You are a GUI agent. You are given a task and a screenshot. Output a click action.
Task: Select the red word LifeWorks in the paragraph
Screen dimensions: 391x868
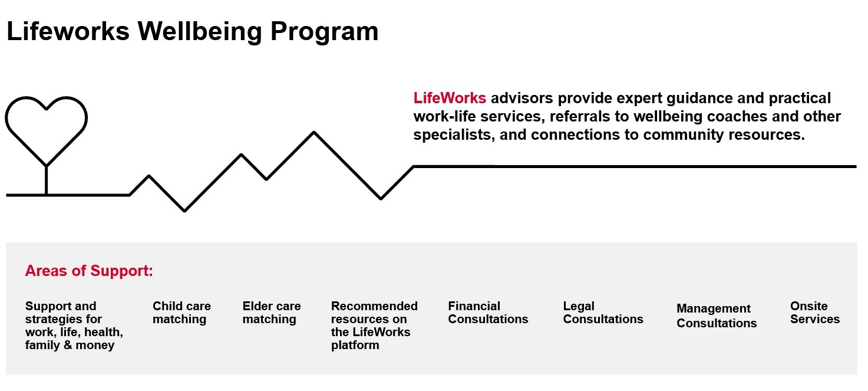point(450,98)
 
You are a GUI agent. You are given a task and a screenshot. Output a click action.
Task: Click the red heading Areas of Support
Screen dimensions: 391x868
point(89,271)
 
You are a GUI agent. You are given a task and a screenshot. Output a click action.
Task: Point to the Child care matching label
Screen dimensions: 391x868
point(181,313)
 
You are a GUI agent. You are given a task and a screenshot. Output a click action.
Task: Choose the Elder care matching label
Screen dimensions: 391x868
point(272,313)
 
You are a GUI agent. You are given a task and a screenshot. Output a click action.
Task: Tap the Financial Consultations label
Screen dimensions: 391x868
point(488,313)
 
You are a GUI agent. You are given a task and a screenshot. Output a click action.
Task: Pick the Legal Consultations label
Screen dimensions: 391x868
point(603,313)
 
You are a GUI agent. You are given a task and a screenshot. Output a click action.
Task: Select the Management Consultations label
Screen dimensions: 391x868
point(717,316)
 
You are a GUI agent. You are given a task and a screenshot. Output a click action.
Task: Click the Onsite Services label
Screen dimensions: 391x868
point(815,313)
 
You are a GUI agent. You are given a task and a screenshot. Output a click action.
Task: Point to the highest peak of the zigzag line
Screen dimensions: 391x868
point(313,132)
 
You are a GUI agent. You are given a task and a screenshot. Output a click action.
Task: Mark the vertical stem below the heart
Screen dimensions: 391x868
point(46,180)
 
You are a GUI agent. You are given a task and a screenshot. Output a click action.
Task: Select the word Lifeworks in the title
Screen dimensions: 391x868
point(68,31)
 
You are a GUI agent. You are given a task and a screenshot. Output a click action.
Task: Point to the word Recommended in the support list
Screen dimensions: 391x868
point(374,306)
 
